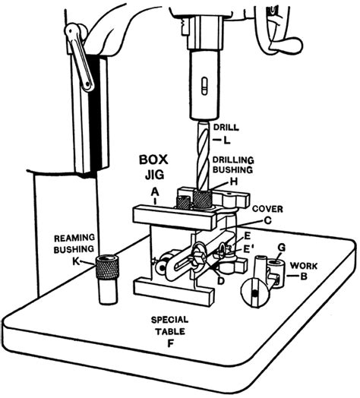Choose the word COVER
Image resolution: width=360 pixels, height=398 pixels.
[x=267, y=207]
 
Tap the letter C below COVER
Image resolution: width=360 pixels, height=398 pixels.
[x=267, y=220]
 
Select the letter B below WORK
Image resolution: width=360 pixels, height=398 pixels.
[x=304, y=278]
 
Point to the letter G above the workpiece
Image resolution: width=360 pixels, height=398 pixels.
[x=280, y=248]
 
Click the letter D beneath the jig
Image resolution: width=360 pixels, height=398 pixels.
[x=220, y=282]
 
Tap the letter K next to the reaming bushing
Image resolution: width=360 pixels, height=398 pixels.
[x=75, y=261]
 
